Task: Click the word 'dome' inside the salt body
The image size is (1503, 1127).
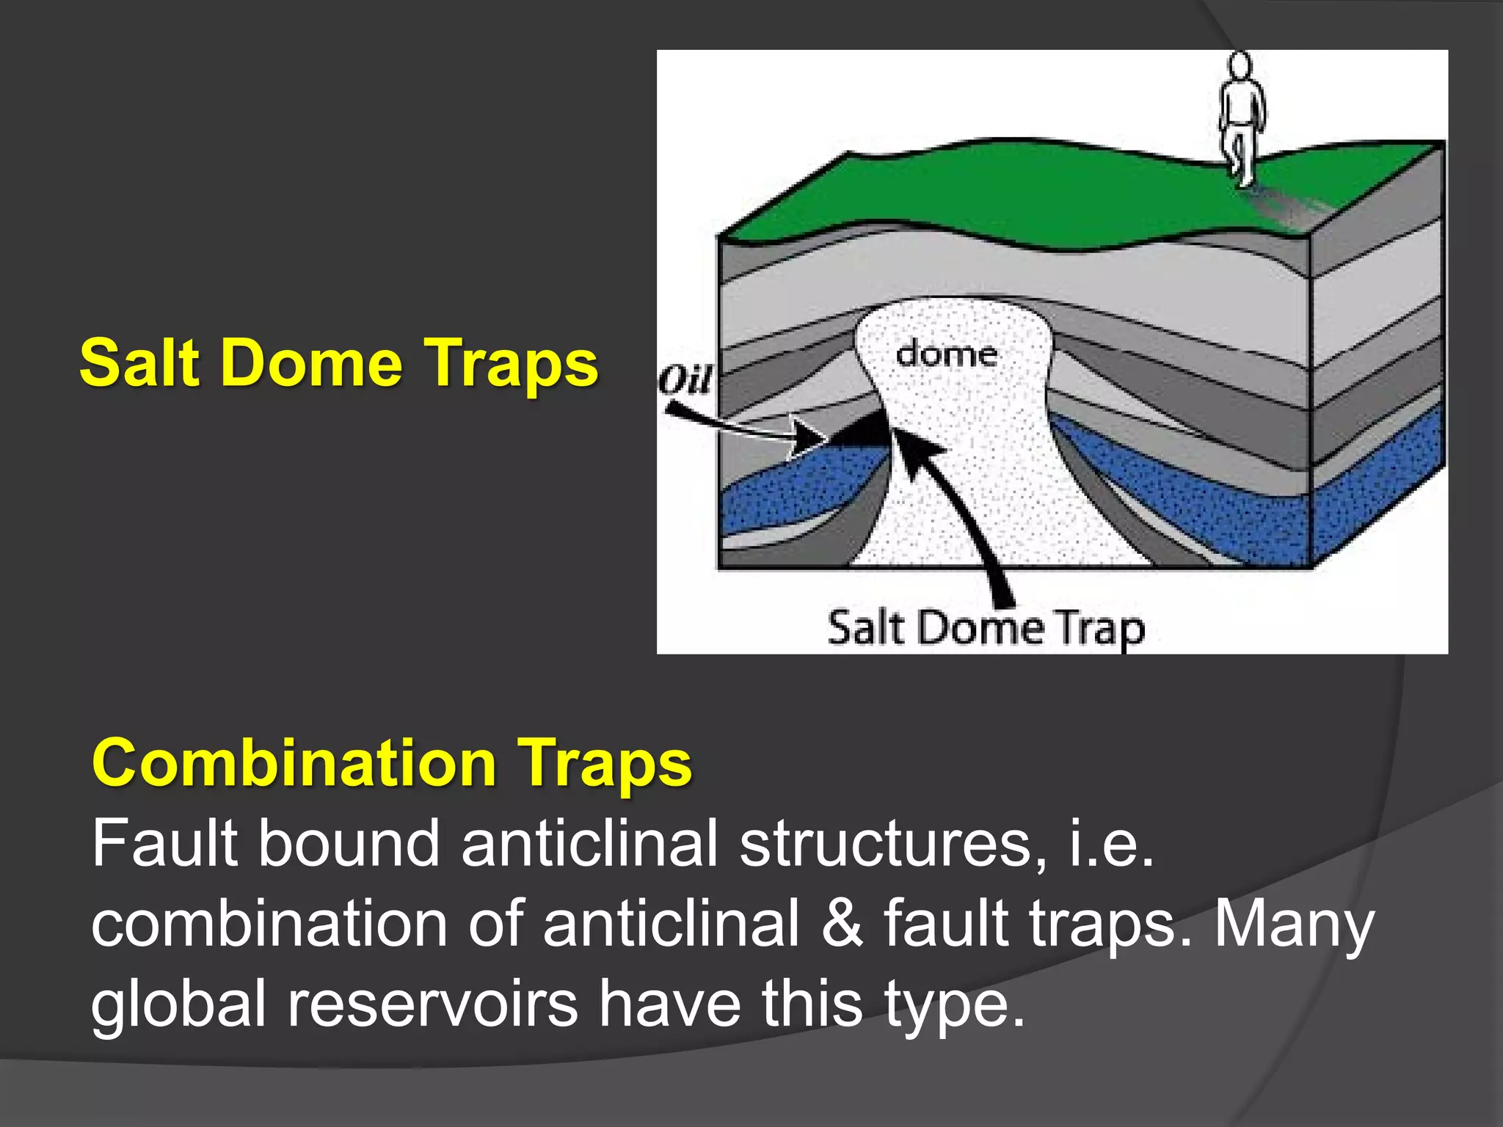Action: click(946, 355)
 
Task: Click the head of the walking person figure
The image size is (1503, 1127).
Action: click(1240, 66)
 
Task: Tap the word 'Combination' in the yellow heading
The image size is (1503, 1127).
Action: click(294, 763)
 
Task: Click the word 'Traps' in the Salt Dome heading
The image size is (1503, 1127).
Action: click(512, 364)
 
